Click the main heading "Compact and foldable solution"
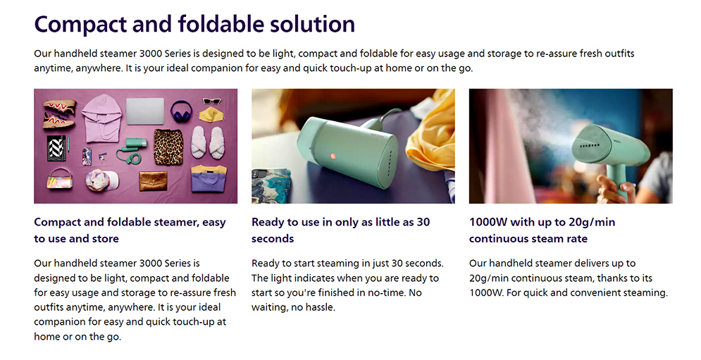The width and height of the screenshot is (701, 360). coord(194,24)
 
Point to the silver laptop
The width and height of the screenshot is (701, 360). coord(145,111)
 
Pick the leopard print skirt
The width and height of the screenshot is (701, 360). coord(169,147)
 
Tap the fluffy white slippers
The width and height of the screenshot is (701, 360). coord(207,142)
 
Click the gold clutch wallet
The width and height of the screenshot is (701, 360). coord(153,181)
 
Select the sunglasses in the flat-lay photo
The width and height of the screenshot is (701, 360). coord(212,101)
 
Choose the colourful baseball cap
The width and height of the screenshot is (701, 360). coord(102,180)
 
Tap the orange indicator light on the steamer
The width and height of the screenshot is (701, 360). coord(332,156)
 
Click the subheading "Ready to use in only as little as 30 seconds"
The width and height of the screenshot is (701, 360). coord(341,230)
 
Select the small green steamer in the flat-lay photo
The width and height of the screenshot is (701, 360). coord(129,149)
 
